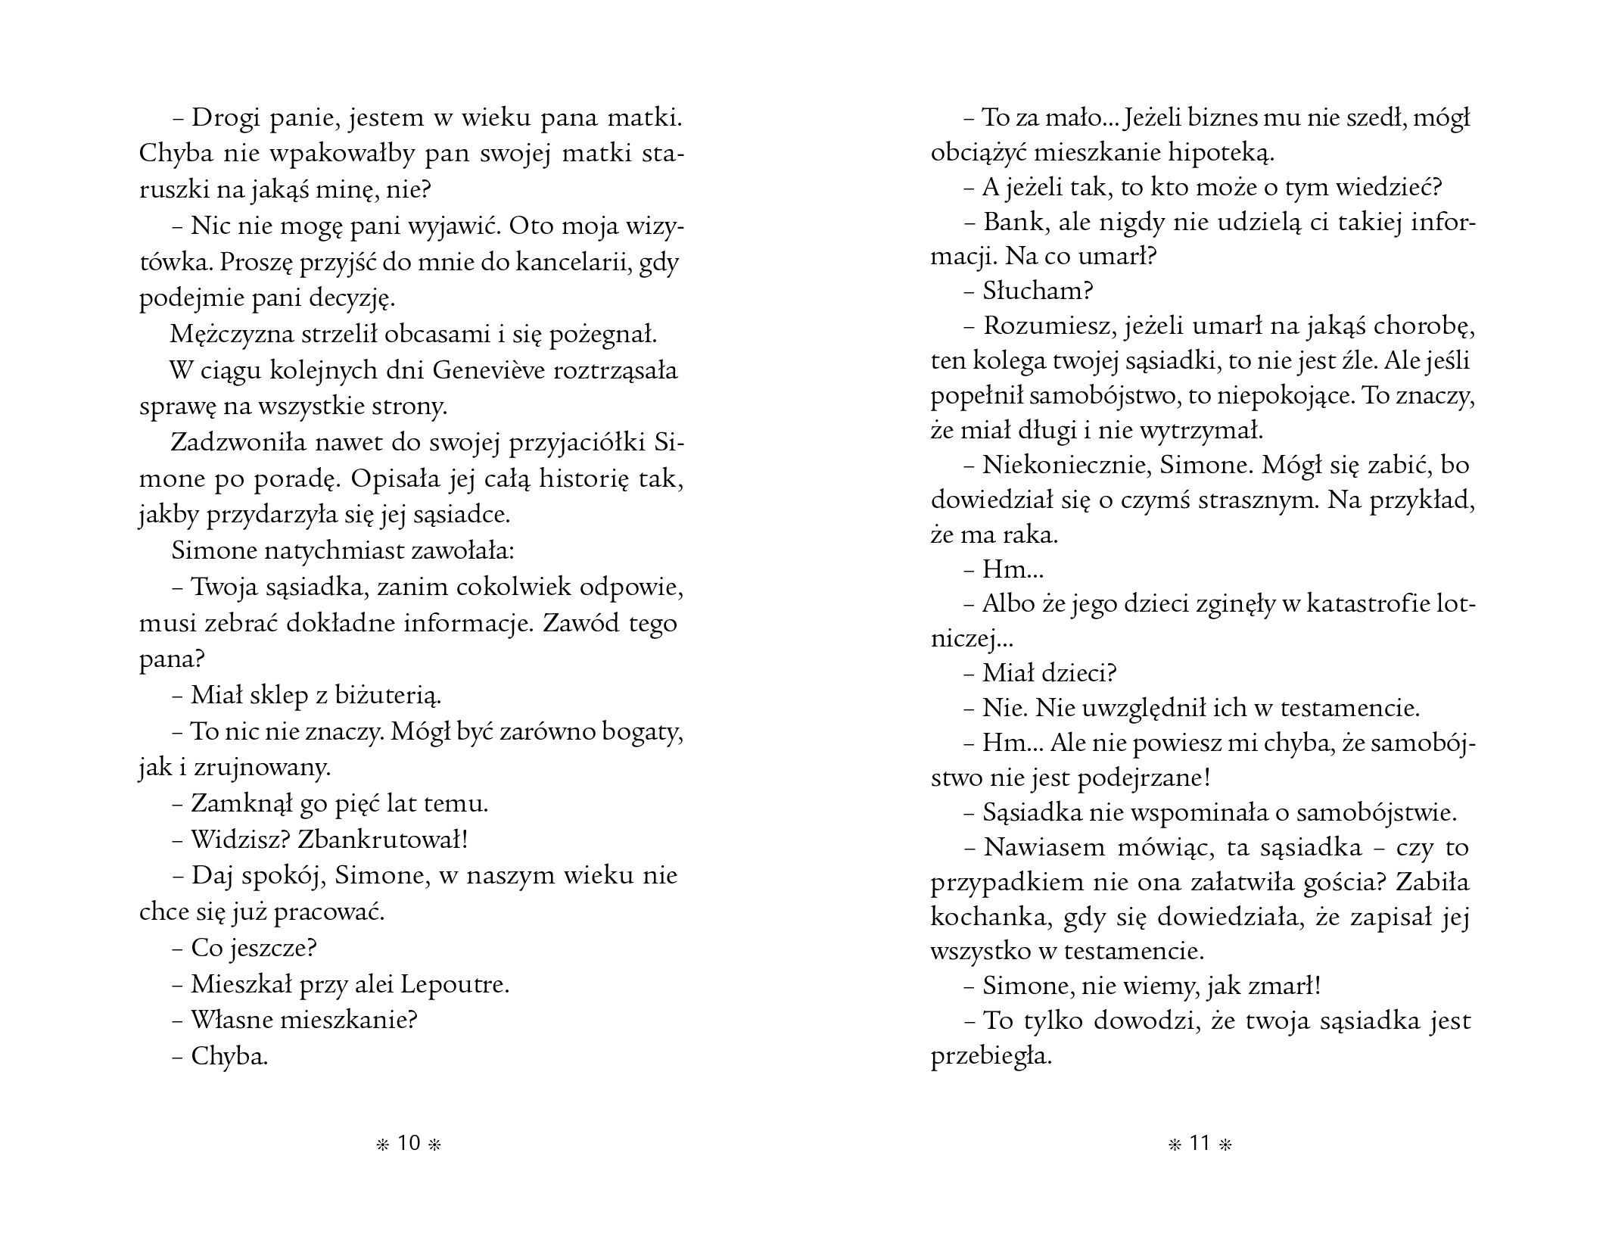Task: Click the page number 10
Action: pyautogui.click(x=409, y=1143)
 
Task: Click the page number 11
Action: pyautogui.click(x=1200, y=1143)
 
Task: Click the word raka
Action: pyautogui.click(x=1031, y=535)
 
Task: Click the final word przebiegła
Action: pyautogui.click(x=991, y=1056)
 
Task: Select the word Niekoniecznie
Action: pyautogui.click(x=1062, y=465)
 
